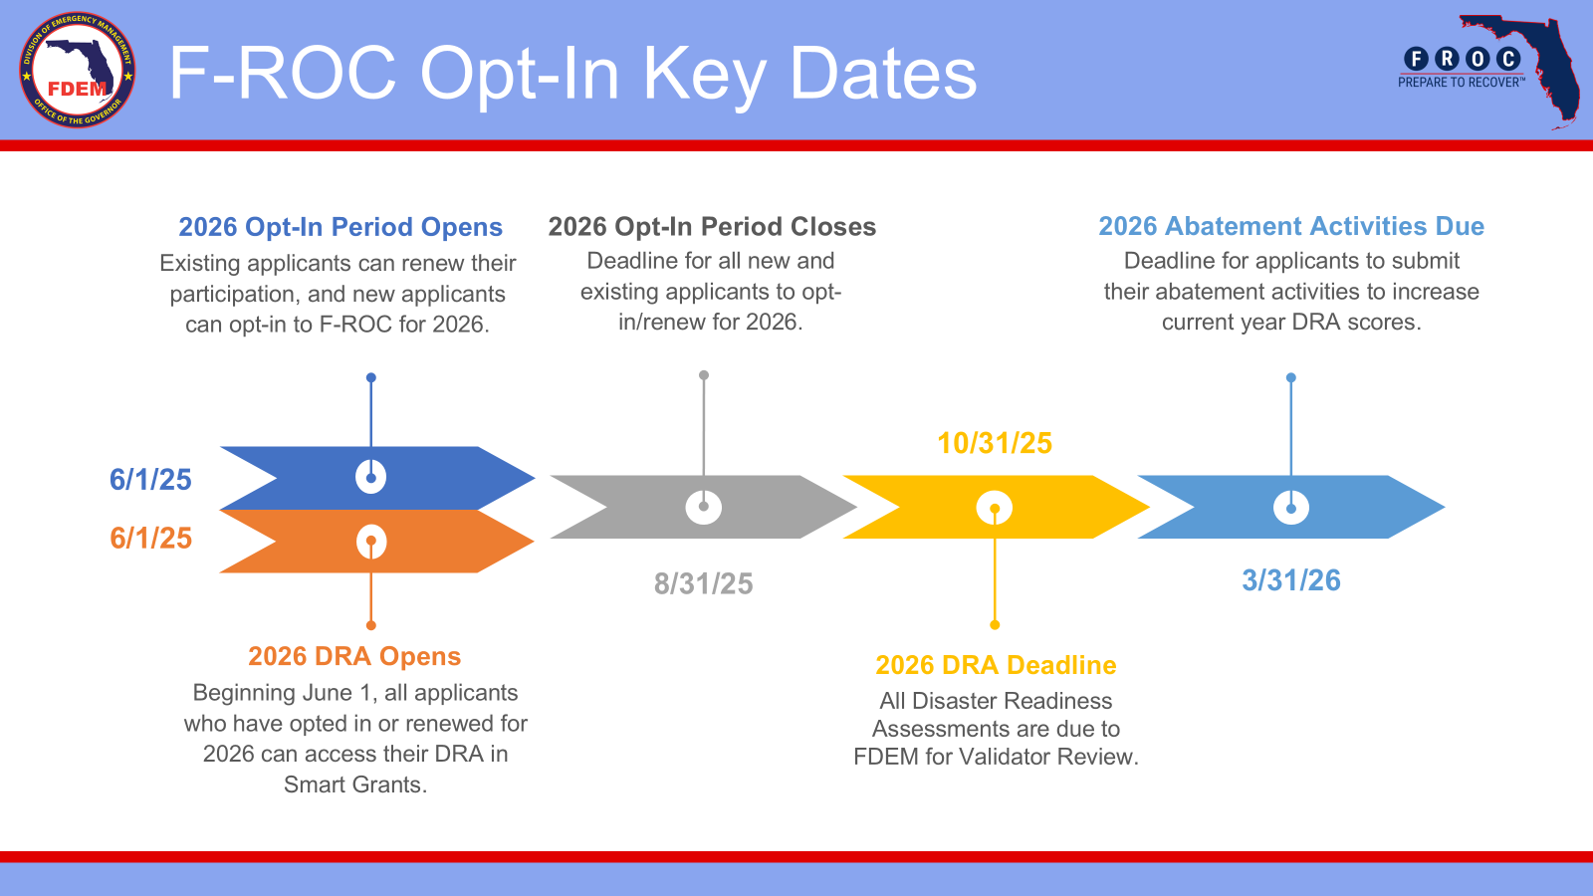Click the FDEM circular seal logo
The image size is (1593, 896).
[78, 70]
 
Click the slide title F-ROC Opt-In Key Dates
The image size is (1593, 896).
[572, 74]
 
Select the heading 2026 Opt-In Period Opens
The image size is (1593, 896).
[340, 227]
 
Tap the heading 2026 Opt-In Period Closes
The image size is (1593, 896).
[712, 226]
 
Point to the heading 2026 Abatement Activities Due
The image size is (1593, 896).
[1291, 226]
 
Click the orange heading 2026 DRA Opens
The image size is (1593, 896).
[354, 656]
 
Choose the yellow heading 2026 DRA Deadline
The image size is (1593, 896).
[996, 665]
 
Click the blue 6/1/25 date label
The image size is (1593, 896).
[150, 479]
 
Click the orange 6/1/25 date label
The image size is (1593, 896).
[150, 538]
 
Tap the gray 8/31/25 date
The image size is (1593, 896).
[703, 583]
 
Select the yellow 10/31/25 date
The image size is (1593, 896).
[995, 443]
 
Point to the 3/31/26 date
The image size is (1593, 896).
[1290, 580]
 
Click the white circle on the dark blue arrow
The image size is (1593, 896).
[370, 477]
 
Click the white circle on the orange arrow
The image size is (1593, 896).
[371, 542]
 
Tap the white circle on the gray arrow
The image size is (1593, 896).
[703, 507]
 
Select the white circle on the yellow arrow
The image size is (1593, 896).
[995, 508]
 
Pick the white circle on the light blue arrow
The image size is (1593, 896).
[1290, 508]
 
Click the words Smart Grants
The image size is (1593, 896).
[354, 784]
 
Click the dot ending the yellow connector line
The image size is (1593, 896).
[995, 625]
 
